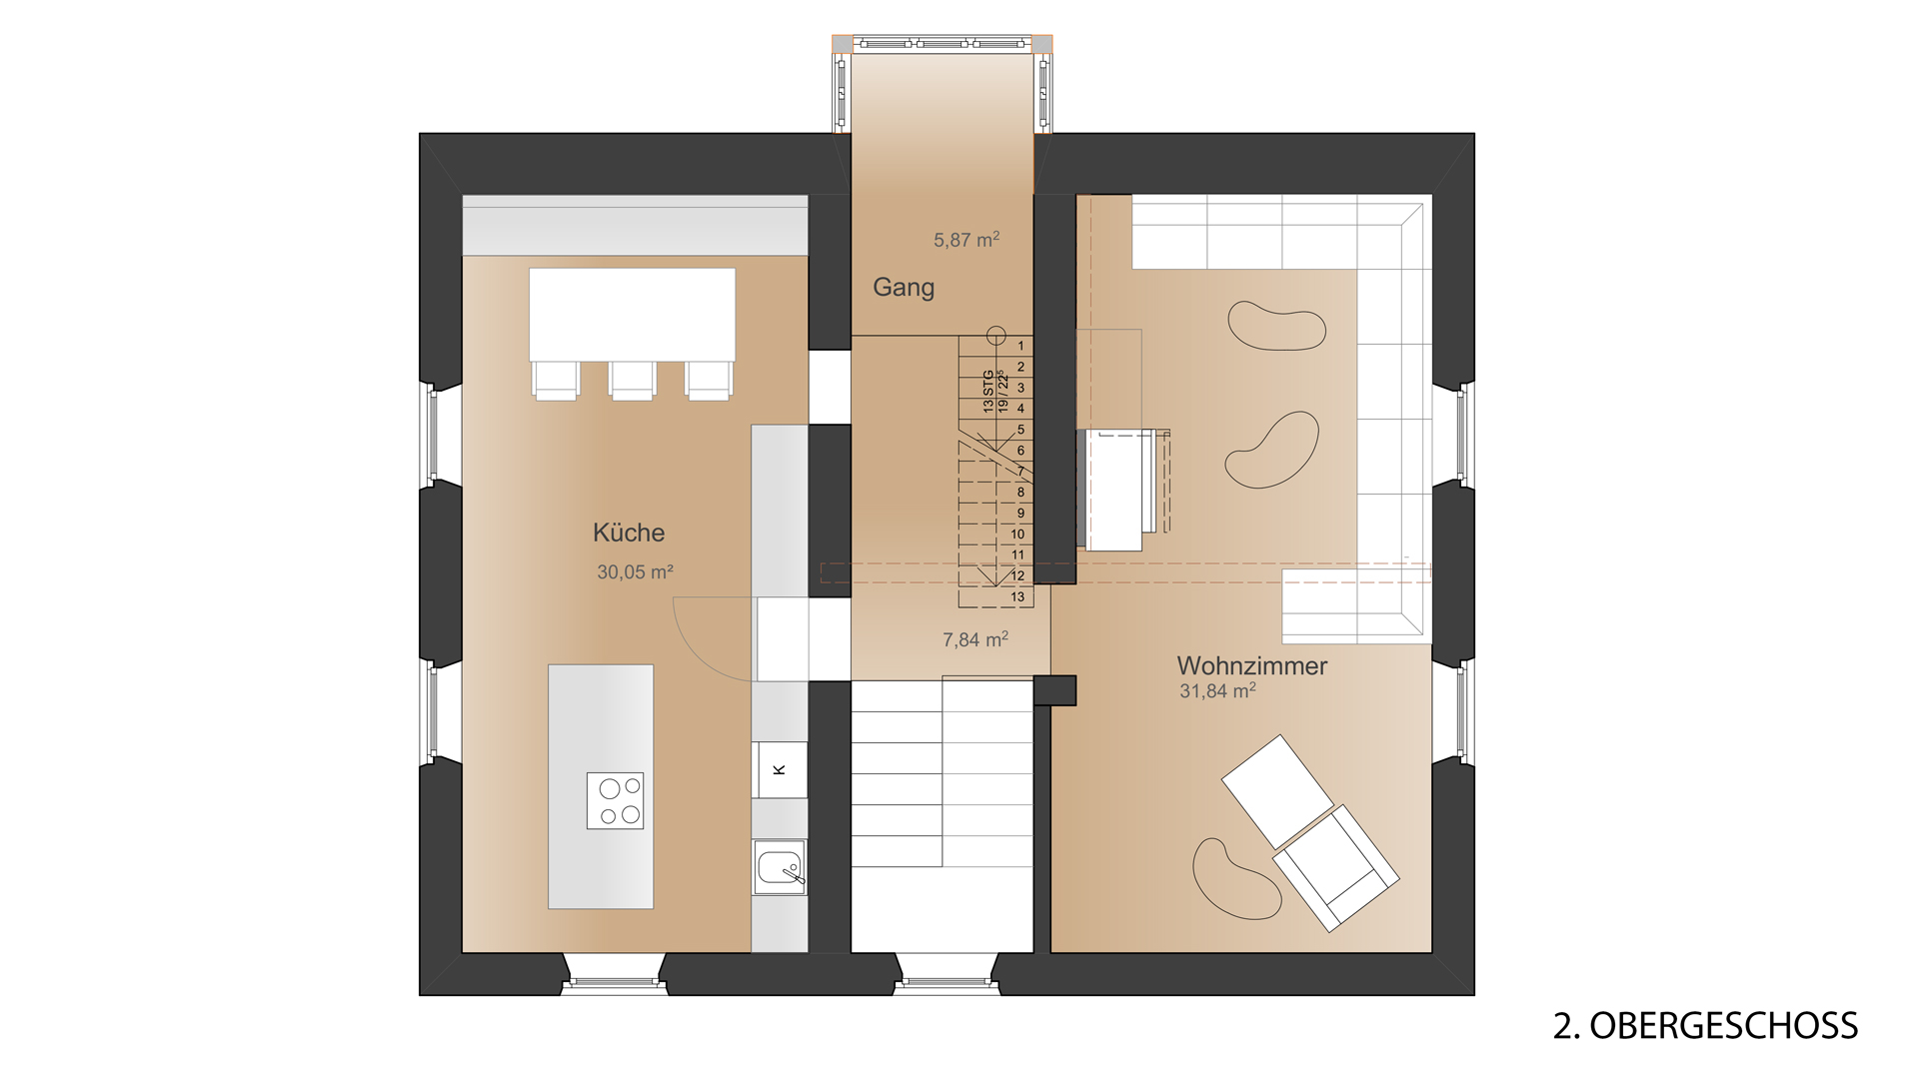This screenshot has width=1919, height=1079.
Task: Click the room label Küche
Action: (629, 533)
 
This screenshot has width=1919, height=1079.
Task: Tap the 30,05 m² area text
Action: (635, 572)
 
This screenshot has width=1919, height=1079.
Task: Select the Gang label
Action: (904, 288)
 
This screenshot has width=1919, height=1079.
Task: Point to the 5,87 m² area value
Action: (966, 240)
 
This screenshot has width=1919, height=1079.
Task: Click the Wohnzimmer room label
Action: (1252, 665)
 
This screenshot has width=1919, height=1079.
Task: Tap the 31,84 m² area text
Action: (1217, 690)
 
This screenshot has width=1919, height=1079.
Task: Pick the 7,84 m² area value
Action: (975, 639)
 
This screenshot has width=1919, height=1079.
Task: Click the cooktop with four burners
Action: (615, 801)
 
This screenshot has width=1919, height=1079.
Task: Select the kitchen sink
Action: (780, 867)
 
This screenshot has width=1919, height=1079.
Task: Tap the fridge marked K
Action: (780, 769)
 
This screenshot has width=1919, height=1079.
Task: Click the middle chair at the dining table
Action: (632, 380)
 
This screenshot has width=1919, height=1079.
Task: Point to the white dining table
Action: (632, 314)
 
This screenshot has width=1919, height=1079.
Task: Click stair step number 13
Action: (1017, 597)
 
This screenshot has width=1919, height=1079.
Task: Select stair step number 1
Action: (1020, 346)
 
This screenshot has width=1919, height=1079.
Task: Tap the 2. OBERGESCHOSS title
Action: (1705, 1026)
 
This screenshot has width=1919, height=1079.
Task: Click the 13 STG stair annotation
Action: (988, 392)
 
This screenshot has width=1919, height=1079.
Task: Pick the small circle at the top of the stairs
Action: (994, 335)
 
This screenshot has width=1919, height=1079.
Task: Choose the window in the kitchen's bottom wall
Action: (614, 984)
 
